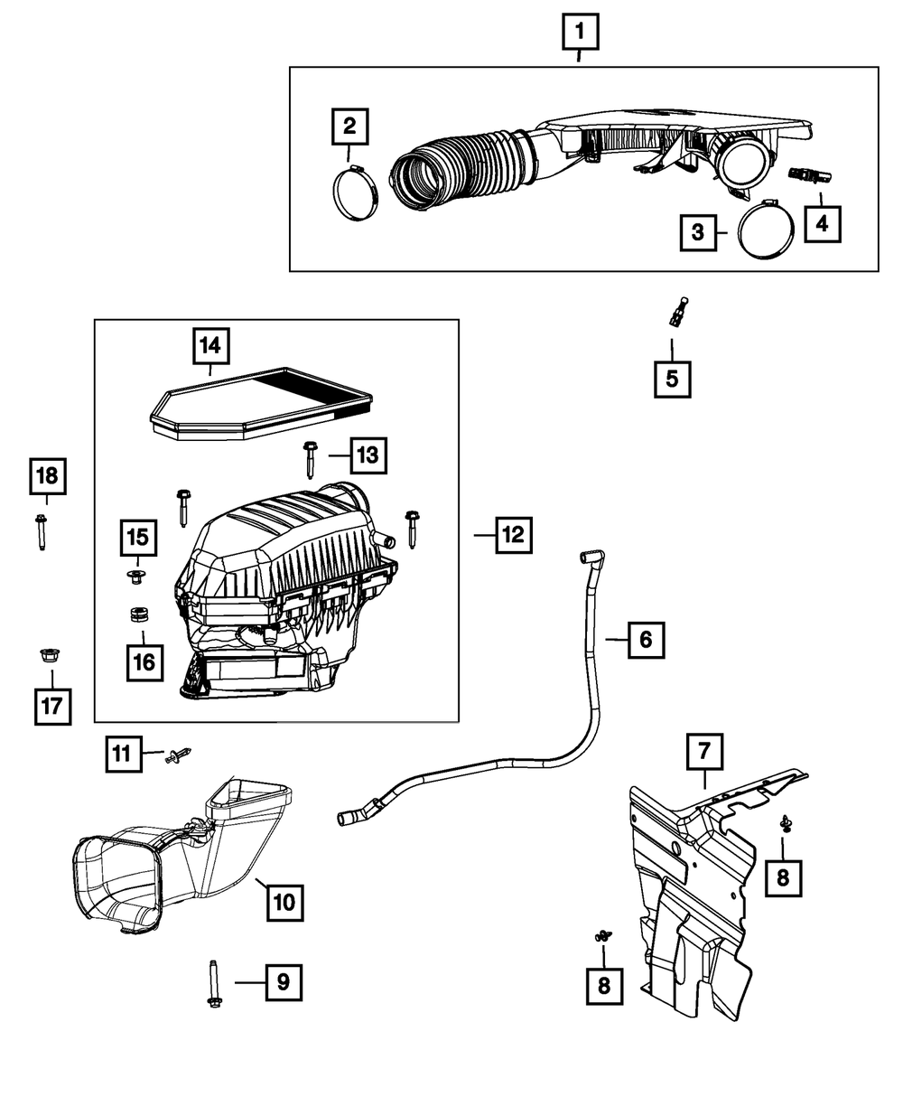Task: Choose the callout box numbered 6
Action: (645, 640)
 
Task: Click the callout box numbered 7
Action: (704, 752)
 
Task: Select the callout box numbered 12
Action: (512, 535)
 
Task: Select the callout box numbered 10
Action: (284, 900)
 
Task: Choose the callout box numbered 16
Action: (144, 662)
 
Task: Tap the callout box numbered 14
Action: (209, 345)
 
